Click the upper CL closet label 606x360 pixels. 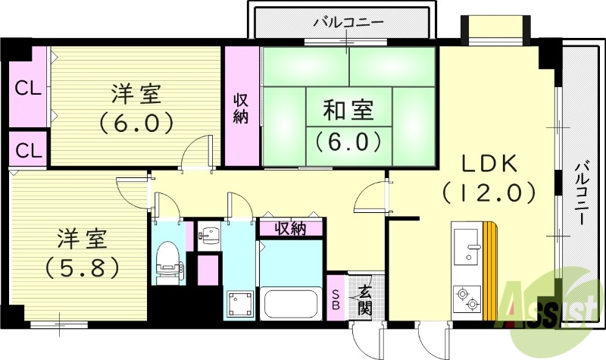pyautogui.click(x=29, y=88)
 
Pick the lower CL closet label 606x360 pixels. pyautogui.click(x=29, y=149)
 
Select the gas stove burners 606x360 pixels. pyautogui.click(x=466, y=297)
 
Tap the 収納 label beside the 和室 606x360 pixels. pyautogui.click(x=241, y=108)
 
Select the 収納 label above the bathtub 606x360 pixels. pyautogui.click(x=290, y=228)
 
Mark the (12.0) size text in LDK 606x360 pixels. pyautogui.click(x=489, y=193)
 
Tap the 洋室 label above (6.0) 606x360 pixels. pyautogui.click(x=136, y=95)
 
